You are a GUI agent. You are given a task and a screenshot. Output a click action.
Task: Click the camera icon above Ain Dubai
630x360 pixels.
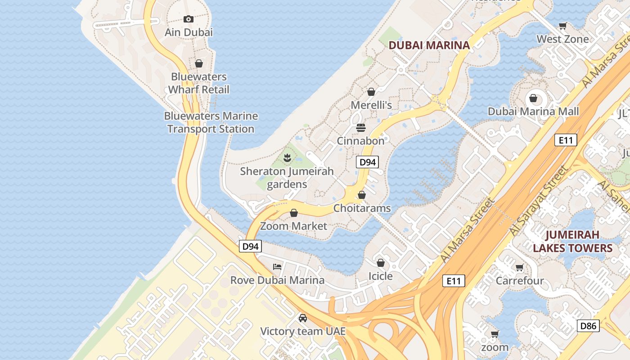pyautogui.click(x=189, y=19)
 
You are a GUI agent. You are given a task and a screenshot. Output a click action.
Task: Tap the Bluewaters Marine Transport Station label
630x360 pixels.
pyautogui.click(x=211, y=122)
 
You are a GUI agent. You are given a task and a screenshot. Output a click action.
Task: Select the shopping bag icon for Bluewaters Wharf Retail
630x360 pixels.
pyautogui.click(x=199, y=63)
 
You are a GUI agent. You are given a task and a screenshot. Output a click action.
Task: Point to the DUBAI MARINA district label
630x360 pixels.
pyautogui.click(x=429, y=45)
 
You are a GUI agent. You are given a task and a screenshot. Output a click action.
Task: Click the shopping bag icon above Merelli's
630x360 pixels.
pyautogui.click(x=371, y=92)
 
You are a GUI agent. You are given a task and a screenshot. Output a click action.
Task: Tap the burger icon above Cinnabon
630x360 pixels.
pyautogui.click(x=360, y=127)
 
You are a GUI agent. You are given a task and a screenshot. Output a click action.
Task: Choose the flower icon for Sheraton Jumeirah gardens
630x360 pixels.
pyautogui.click(x=287, y=157)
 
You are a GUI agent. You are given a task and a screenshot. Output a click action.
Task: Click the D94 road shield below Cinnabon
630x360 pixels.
pyautogui.click(x=367, y=162)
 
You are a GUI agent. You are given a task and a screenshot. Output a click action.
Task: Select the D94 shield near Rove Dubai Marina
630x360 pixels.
pyautogui.click(x=250, y=246)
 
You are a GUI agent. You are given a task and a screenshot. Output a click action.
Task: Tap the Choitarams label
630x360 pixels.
pyautogui.click(x=362, y=208)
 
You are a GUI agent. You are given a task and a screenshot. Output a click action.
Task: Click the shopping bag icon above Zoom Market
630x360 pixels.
pyautogui.click(x=294, y=213)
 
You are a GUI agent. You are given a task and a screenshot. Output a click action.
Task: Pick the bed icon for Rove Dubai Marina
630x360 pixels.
pyautogui.click(x=277, y=267)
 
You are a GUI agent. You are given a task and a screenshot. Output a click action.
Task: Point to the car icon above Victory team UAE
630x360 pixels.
pyautogui.click(x=303, y=318)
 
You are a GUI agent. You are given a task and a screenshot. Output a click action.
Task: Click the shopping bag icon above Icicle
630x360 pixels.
pyautogui.click(x=381, y=263)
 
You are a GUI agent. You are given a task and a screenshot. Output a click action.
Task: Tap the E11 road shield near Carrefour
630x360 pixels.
pyautogui.click(x=453, y=281)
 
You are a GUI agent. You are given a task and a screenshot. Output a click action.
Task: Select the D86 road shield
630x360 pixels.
pyautogui.click(x=588, y=326)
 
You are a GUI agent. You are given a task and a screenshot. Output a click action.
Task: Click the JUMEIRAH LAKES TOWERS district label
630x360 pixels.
pyautogui.click(x=572, y=241)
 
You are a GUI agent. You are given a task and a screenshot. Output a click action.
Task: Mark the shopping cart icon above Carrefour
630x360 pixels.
pyautogui.click(x=520, y=268)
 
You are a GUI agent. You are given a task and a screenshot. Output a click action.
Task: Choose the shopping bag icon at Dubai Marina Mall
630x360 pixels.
pyautogui.click(x=533, y=98)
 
